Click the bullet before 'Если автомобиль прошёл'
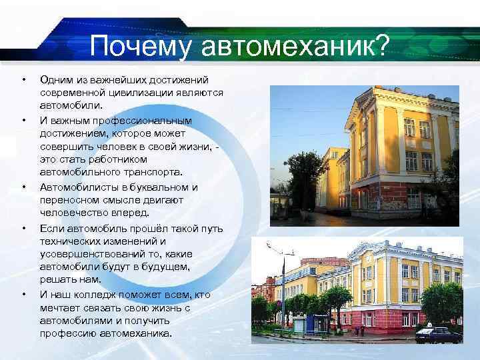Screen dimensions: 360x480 24,229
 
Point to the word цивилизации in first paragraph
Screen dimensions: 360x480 141,93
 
